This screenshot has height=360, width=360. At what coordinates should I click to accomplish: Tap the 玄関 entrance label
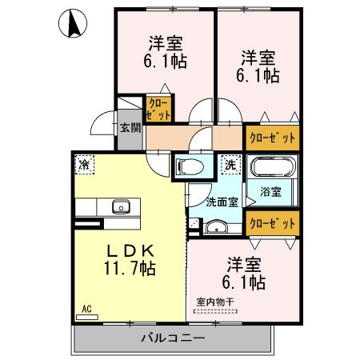tap(130, 127)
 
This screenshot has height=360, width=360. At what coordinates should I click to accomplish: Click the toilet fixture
tap(190, 167)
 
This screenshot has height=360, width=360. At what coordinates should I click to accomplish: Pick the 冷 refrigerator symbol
tap(84, 164)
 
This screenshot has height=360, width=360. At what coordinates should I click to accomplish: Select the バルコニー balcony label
tap(174, 338)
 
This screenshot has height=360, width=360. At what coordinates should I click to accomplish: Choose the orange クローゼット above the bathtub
tap(273, 137)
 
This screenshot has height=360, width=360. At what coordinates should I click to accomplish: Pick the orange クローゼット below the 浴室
tap(273, 222)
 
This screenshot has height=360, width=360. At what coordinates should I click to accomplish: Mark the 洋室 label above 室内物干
tap(244, 263)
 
